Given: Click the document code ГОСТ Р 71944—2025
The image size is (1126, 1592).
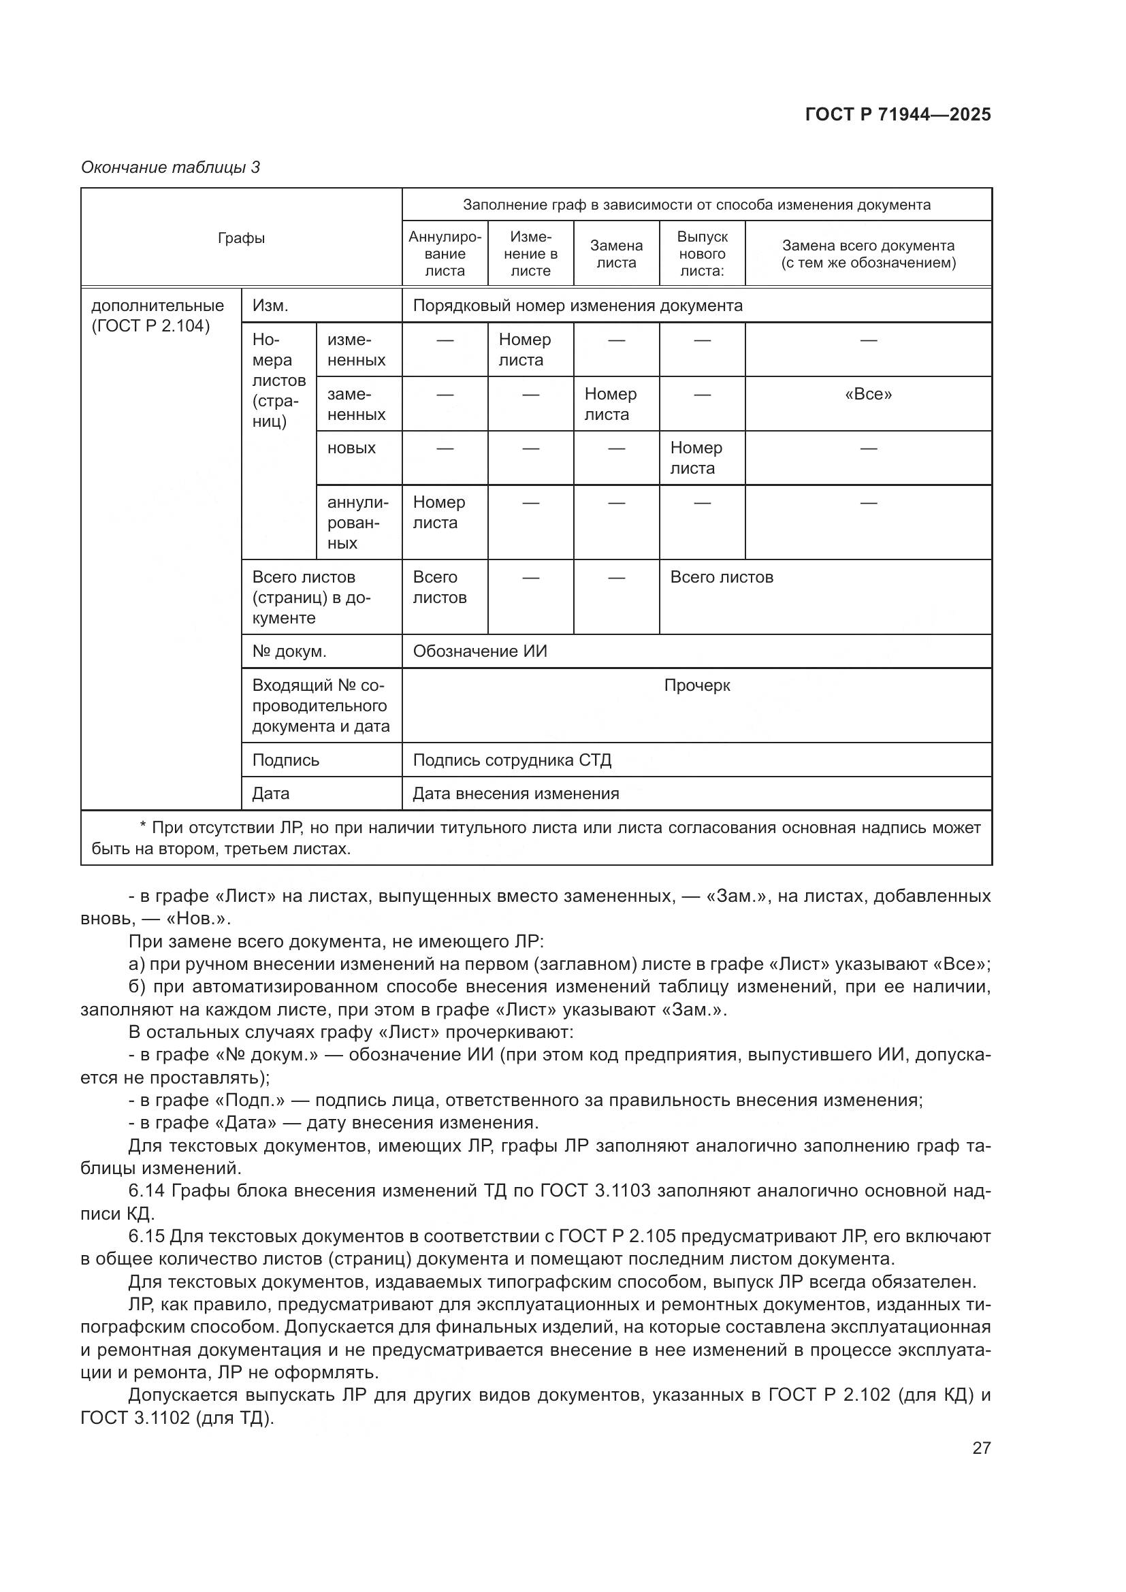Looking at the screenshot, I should pyautogui.click(x=898, y=114).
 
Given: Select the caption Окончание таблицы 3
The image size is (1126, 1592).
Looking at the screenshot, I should pyautogui.click(x=171, y=167).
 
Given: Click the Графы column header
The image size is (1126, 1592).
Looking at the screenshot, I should pyautogui.click(x=241, y=238).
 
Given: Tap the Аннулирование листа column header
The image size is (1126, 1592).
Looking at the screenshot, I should pyautogui.click(x=445, y=254).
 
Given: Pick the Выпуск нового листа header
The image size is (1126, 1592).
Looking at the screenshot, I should pyautogui.click(x=702, y=254).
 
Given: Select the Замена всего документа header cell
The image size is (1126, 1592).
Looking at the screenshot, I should pyautogui.click(x=868, y=254).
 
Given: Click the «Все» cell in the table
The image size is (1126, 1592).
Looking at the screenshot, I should pyautogui.click(x=868, y=395).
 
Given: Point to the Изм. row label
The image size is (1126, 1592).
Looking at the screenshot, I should pyautogui.click(x=270, y=306).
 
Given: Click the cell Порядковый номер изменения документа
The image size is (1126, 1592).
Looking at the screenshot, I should pyautogui.click(x=577, y=306).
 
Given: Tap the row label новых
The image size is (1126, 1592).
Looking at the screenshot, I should pyautogui.click(x=351, y=448).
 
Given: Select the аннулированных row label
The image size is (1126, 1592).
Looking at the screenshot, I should pyautogui.click(x=358, y=522).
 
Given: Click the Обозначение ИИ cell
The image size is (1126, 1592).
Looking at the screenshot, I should pyautogui.click(x=480, y=651).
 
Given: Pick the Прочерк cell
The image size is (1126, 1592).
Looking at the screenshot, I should pyautogui.click(x=697, y=685).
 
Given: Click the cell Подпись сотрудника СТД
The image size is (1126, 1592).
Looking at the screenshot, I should pyautogui.click(x=512, y=760).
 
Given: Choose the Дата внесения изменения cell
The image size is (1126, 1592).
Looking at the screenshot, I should pyautogui.click(x=516, y=793).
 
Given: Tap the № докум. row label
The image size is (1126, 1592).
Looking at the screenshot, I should pyautogui.click(x=289, y=651).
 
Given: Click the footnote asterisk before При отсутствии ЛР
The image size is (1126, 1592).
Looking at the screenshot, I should pyautogui.click(x=144, y=827).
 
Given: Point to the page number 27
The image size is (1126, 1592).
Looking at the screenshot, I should pyautogui.click(x=981, y=1448).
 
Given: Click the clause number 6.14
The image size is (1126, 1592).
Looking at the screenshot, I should pyautogui.click(x=146, y=1191).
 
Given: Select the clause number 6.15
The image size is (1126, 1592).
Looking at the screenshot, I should pyautogui.click(x=146, y=1236).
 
